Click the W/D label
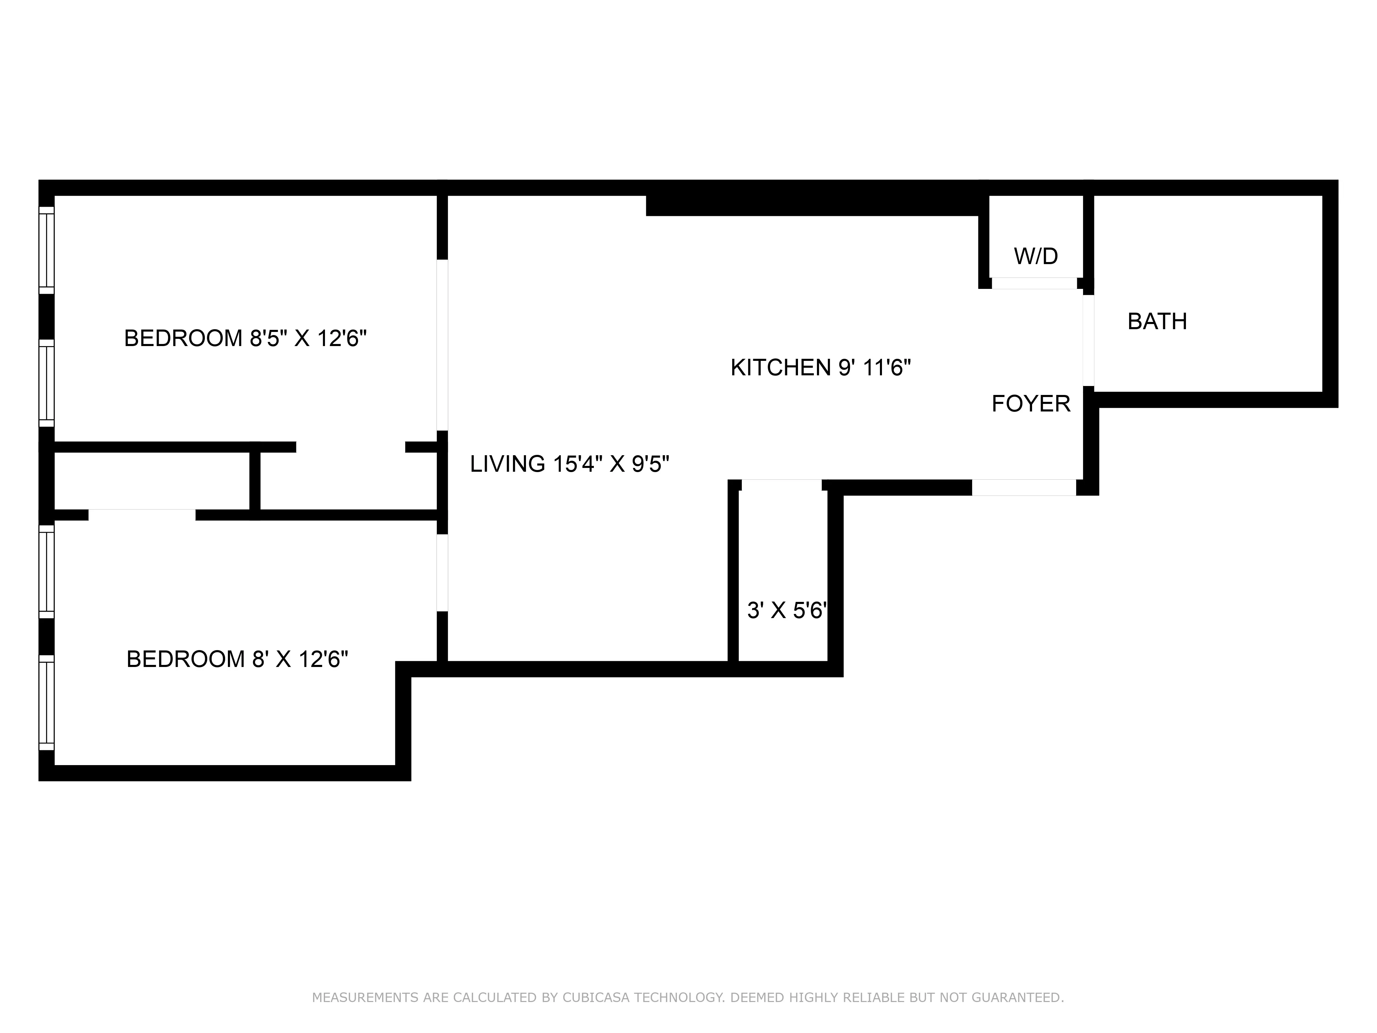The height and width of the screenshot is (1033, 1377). pyautogui.click(x=1036, y=256)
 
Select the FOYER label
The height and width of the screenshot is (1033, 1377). pyautogui.click(x=1031, y=404)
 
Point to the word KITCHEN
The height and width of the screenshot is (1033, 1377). pyautogui.click(x=781, y=367)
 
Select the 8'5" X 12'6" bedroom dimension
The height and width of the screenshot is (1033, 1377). pyautogui.click(x=308, y=338)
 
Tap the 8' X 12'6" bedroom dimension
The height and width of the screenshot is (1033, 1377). pyautogui.click(x=300, y=659)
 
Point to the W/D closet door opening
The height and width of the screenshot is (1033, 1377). pyautogui.click(x=1034, y=283)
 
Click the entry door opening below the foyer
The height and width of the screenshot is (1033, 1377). pyautogui.click(x=1024, y=488)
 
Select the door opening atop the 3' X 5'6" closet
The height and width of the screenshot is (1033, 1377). pyautogui.click(x=781, y=485)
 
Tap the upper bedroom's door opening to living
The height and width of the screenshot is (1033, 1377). pyautogui.click(x=442, y=344)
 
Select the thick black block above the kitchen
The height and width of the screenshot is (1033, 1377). pyautogui.click(x=812, y=205)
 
